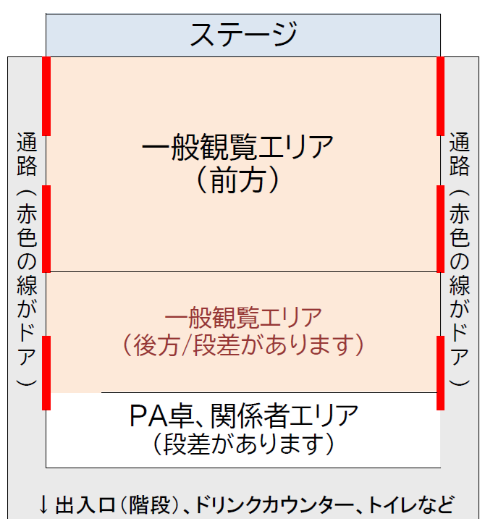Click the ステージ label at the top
242,34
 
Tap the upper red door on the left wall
46,96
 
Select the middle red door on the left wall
46,228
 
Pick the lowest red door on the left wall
46,372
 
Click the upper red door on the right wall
440,96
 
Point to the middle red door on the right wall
440,228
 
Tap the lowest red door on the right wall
440,372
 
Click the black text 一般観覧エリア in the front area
238,149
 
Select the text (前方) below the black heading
237,179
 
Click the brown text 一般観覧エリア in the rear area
242,317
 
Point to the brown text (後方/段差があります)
242,345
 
